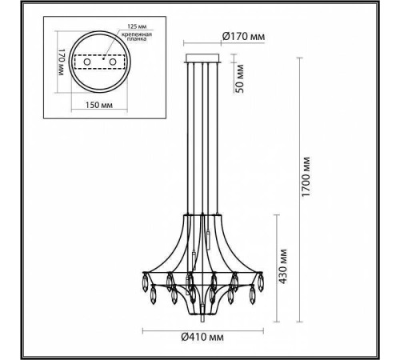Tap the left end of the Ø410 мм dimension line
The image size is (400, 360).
point(143,330)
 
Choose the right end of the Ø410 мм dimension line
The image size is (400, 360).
point(258,330)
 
